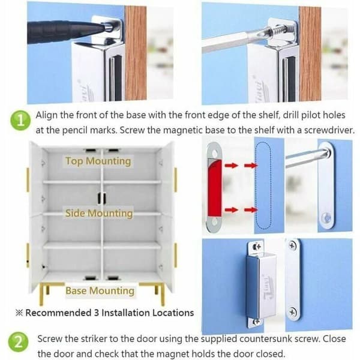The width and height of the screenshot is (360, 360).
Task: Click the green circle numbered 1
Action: (20, 121)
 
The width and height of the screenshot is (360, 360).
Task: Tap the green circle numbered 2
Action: (19, 342)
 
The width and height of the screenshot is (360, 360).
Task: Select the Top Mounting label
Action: (98, 161)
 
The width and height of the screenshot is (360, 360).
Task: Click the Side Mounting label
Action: (99, 213)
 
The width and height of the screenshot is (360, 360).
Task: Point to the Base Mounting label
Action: (100, 290)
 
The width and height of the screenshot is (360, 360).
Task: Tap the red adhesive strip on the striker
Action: (215, 188)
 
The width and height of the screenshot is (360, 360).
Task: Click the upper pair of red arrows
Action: (241, 165)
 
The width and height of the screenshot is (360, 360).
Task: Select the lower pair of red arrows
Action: (241, 209)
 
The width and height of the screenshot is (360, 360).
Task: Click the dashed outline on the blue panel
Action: (263, 185)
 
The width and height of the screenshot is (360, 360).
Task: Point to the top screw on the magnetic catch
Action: (257, 247)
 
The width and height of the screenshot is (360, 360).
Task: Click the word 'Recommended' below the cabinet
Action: (58, 313)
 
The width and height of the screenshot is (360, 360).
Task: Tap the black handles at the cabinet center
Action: (102, 199)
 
